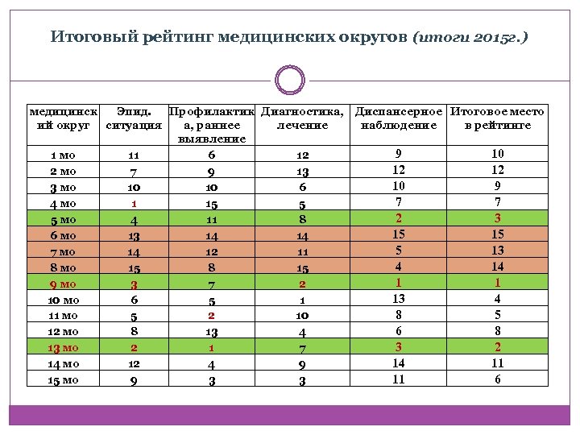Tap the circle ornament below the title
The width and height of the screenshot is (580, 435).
tap(290, 81)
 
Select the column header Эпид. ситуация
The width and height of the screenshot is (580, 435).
tap(134, 118)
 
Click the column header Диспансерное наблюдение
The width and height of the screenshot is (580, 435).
tap(398, 118)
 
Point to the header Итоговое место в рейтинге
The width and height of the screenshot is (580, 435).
tap(497, 118)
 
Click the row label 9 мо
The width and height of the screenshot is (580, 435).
tap(63, 284)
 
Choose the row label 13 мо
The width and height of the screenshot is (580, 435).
tap(63, 347)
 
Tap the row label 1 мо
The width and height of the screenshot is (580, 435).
tap(63, 155)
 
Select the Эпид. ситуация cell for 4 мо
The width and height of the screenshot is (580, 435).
tap(134, 203)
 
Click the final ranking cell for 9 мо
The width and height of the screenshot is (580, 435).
tap(497, 283)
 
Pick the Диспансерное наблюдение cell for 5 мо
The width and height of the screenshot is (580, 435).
tap(398, 218)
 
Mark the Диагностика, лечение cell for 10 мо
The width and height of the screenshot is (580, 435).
tap(302, 300)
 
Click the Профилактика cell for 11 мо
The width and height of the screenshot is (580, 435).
tap(211, 316)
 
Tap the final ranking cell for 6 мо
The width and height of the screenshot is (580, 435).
tap(497, 234)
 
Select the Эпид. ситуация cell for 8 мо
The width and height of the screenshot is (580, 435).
tap(134, 267)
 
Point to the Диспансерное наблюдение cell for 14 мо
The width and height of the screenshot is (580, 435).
tap(398, 363)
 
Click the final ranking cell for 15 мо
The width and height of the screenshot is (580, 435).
tap(497, 379)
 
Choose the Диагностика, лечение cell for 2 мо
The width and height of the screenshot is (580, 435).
tap(302, 171)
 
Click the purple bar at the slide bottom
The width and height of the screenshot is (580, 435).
tap(290, 416)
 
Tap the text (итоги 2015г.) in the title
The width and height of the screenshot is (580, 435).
tap(470, 38)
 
